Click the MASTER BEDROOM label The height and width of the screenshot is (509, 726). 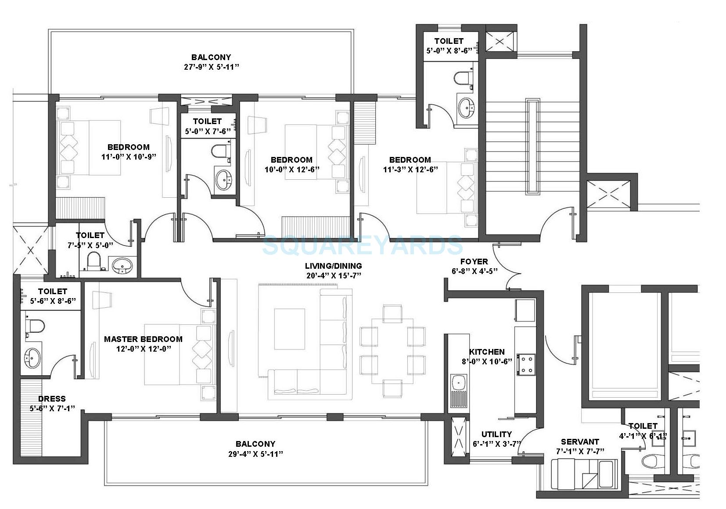tap(143, 339)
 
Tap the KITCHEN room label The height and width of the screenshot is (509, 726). tap(487, 352)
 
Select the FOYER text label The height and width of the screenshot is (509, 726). tap(474, 261)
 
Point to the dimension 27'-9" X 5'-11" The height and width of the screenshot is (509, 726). tap(211, 67)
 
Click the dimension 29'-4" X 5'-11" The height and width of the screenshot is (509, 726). tap(255, 454)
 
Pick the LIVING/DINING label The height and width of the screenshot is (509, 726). tap(334, 266)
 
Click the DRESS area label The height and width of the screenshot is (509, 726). tap(52, 399)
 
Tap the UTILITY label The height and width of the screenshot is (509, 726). tap(496, 434)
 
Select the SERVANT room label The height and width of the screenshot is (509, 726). tap(580, 441)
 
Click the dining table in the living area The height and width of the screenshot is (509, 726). tap(392, 351)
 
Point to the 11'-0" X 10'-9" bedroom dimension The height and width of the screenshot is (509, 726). tap(129, 157)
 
